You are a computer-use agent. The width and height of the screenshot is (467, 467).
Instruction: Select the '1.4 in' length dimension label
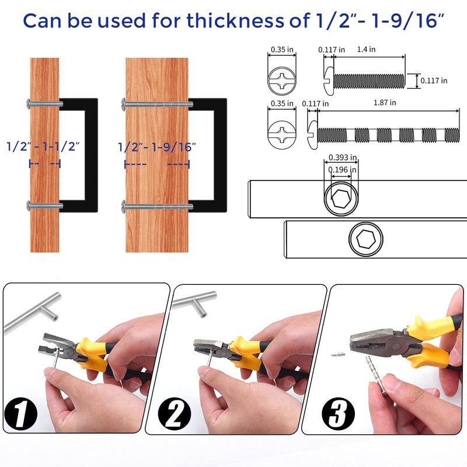pos(367,50)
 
